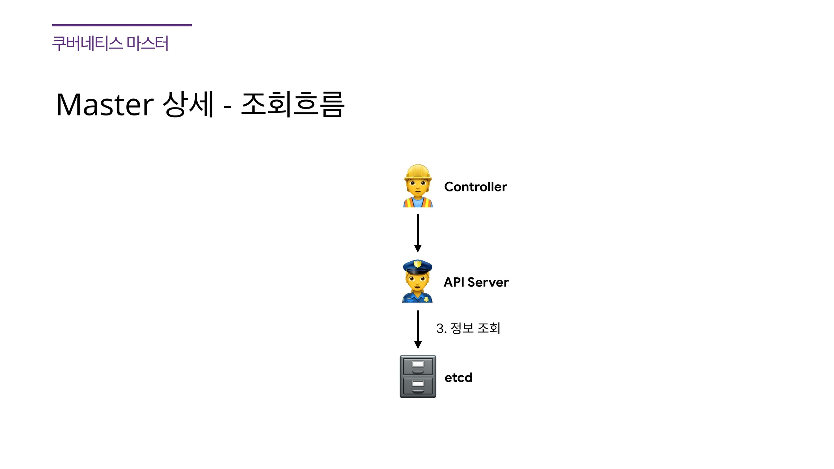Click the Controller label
pos(475,187)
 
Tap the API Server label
pos(476,282)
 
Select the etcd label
pos(458,377)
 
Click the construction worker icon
pos(418,186)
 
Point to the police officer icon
pos(417,281)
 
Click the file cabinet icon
pos(418,376)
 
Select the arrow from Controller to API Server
pos(418,233)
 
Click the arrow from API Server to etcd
pos(418,329)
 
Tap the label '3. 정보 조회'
pos(468,328)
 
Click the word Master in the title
pos(105,105)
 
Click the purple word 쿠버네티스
pos(87,43)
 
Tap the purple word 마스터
pos(147,43)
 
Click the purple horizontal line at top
pos(122,25)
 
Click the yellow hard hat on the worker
pos(418,172)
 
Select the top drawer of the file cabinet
pos(418,366)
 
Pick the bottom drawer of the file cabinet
pos(418,386)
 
